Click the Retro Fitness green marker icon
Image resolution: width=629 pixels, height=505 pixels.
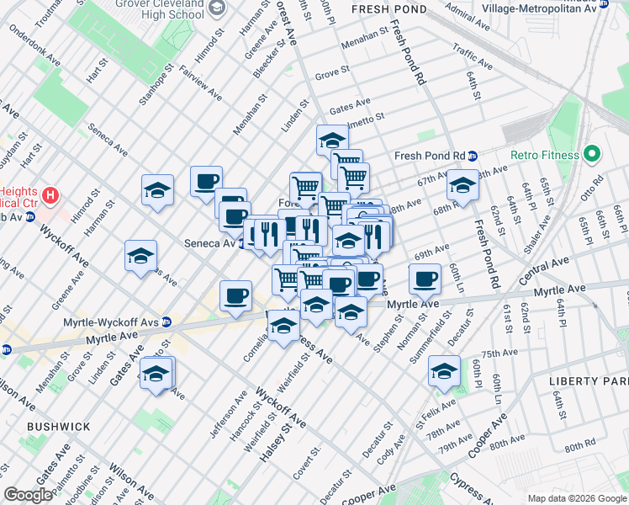click(591, 155)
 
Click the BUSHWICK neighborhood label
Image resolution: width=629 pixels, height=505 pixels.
click(58, 427)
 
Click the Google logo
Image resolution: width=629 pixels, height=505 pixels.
click(28, 495)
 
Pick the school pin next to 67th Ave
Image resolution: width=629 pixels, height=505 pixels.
click(462, 186)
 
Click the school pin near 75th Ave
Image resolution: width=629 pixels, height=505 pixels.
click(444, 370)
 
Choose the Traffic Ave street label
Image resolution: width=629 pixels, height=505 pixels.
click(473, 56)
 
